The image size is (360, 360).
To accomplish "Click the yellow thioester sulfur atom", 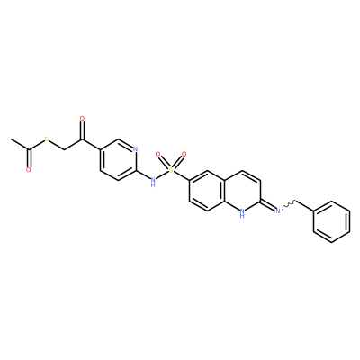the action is [x=46, y=139].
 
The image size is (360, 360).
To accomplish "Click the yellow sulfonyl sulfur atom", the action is [x=171, y=170].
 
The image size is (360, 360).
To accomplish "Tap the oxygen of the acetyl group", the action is [x=29, y=170].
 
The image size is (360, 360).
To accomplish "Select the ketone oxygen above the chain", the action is [x=82, y=119].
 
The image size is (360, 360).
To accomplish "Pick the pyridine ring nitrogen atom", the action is [x=135, y=149].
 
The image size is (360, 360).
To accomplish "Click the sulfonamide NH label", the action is [x=153, y=182].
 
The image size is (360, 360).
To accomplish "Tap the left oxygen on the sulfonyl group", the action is [x=157, y=155].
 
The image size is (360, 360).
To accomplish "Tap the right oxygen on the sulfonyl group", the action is [x=184, y=155].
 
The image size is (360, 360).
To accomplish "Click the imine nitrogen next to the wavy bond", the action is [x=278, y=211].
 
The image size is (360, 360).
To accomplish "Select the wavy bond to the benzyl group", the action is [x=288, y=205].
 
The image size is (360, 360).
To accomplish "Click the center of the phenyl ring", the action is [x=331, y=221].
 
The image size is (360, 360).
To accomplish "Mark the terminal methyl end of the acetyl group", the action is [x=11, y=139].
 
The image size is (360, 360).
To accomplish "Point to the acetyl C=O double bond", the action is [x=29, y=158].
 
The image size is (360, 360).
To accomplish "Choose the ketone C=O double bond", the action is [x=82, y=130].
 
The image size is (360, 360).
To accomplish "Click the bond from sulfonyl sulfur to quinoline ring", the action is [x=182, y=175].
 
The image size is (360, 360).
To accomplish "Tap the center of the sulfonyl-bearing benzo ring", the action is [x=207, y=191].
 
